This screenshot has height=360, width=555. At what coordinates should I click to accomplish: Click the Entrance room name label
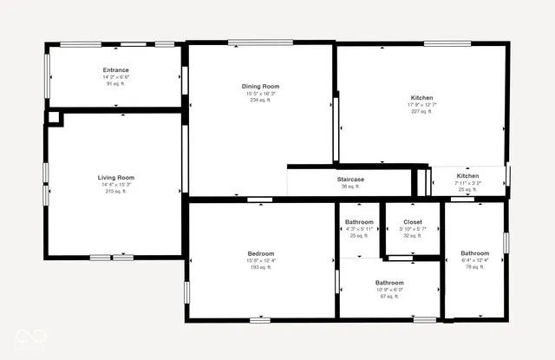click(115, 70)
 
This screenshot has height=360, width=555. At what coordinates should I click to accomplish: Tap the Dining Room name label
click(260, 86)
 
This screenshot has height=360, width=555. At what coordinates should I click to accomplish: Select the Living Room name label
click(115, 177)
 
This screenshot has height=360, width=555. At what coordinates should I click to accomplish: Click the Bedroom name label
click(261, 253)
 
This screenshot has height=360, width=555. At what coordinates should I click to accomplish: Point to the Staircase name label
click(350, 180)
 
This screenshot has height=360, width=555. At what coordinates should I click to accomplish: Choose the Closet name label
click(413, 222)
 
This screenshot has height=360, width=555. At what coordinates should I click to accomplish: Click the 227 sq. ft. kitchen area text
click(421, 111)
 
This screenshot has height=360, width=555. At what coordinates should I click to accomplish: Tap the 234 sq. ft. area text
click(260, 100)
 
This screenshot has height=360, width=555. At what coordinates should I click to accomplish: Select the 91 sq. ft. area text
click(115, 84)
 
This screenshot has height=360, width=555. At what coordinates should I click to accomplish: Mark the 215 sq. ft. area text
click(115, 191)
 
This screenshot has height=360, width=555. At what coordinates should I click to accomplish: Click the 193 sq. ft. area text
click(261, 267)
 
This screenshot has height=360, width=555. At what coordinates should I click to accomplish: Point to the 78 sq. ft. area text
click(474, 267)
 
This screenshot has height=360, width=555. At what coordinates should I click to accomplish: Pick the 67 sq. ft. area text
click(388, 296)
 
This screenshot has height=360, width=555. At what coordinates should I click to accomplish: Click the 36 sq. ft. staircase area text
click(350, 187)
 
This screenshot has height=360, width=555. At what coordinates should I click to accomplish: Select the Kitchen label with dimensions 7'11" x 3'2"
click(467, 176)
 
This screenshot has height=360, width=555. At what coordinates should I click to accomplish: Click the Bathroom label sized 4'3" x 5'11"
click(359, 222)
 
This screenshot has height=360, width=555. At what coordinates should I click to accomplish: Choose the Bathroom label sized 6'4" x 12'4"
click(474, 253)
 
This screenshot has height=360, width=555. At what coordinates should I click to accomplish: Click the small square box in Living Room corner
click(54, 117)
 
